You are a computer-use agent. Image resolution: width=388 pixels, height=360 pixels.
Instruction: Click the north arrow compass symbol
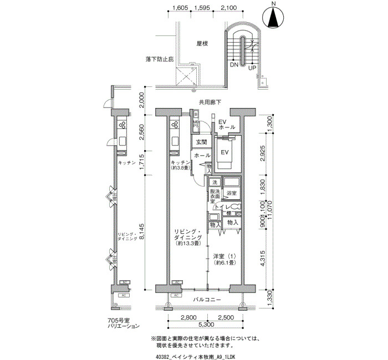pyautogui.click(x=273, y=18)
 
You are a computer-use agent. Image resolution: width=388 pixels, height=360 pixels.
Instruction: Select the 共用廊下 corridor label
pyautogui.click(x=210, y=102)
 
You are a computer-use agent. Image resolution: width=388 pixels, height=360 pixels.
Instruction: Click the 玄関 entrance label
pyautogui.click(x=200, y=143)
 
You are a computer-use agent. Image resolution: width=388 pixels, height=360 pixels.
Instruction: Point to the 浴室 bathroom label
pyautogui.click(x=231, y=193)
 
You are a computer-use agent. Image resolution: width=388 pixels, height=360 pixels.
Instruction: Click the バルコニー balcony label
pyautogui.click(x=207, y=300)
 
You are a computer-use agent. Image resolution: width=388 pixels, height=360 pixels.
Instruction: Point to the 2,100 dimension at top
pyautogui.click(x=228, y=8)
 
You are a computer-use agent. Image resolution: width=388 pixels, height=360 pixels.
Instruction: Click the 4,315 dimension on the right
pyautogui.click(x=263, y=260)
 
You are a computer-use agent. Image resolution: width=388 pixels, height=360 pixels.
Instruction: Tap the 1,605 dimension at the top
pyautogui.click(x=181, y=8)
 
